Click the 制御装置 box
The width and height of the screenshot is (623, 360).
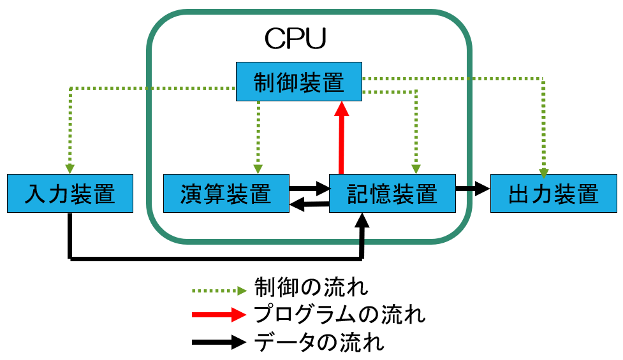point(298,82)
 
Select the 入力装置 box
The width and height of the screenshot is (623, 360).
point(70,193)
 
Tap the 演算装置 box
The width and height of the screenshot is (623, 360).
point(226,193)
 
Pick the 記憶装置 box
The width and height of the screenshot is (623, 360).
point(392,193)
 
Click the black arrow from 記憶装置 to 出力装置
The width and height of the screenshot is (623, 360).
point(472,189)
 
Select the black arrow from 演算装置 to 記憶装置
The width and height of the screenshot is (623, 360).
point(309,188)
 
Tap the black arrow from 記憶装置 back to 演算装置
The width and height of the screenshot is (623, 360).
point(309,205)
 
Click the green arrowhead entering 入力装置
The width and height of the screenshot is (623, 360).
point(70,168)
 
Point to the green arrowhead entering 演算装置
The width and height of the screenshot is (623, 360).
point(258,168)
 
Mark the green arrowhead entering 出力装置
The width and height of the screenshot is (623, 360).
point(543,170)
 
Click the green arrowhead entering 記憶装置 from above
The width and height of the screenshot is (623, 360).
point(415,168)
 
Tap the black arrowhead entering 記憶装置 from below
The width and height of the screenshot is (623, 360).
point(363,220)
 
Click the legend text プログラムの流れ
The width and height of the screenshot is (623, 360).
point(339,315)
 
